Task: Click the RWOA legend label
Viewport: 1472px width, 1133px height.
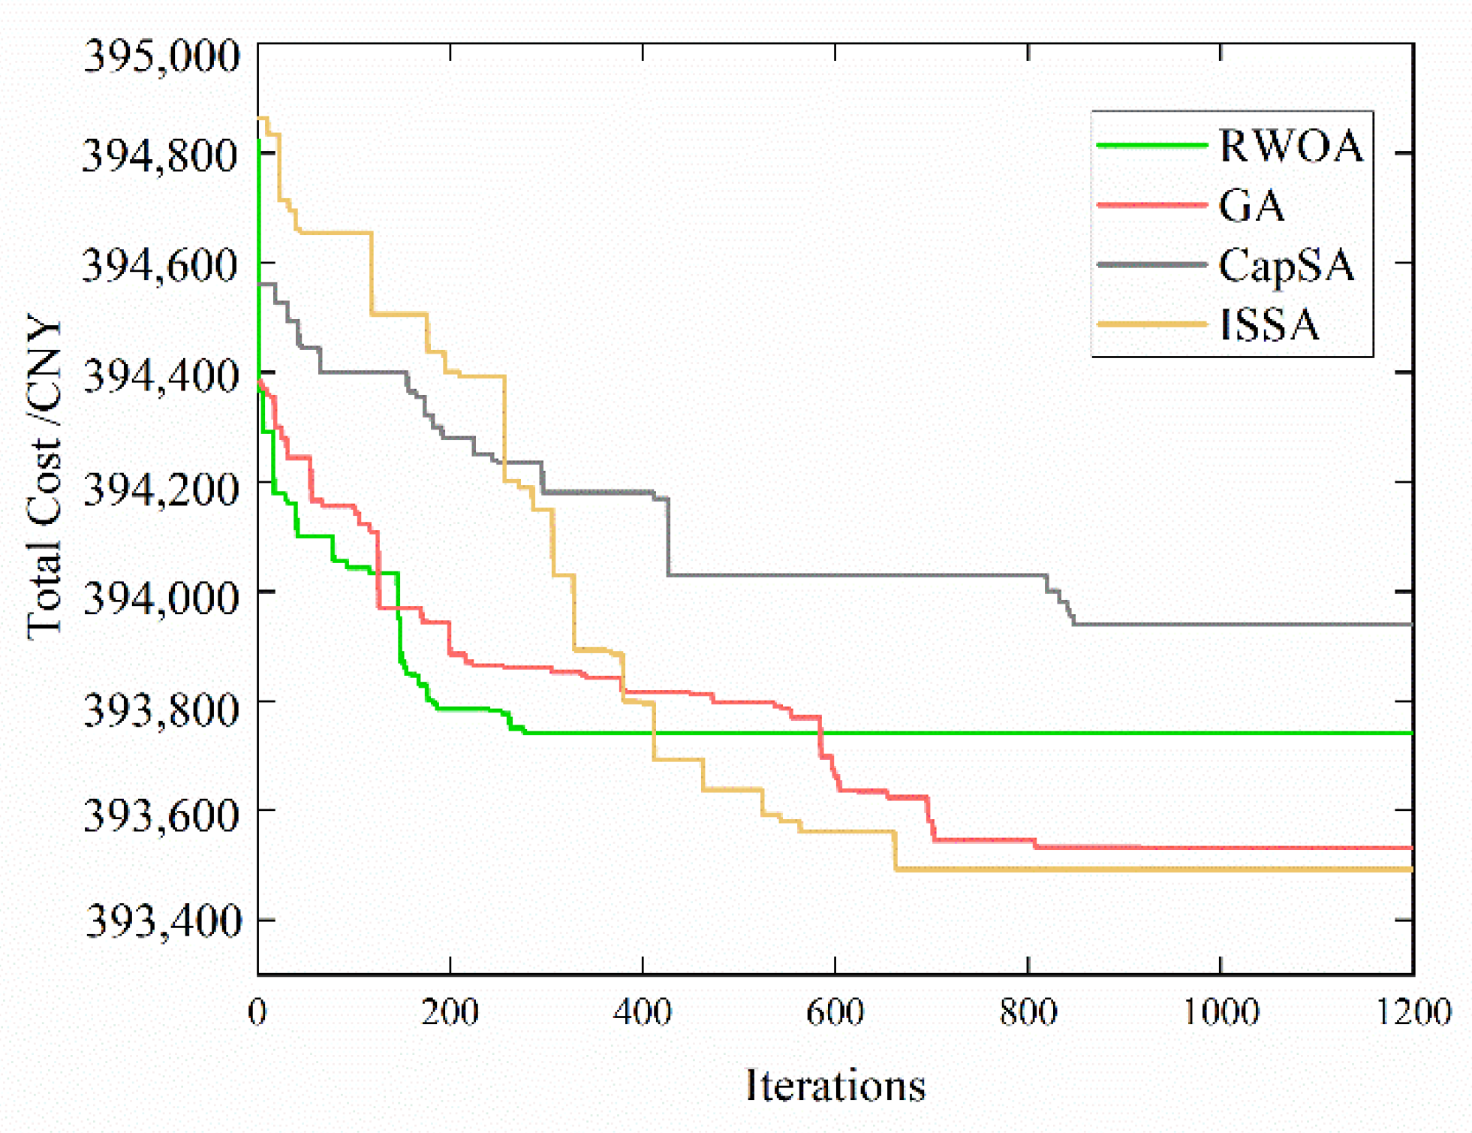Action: point(1290,146)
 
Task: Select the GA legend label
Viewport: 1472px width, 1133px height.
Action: point(1251,205)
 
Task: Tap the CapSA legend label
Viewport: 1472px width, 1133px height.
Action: point(1286,266)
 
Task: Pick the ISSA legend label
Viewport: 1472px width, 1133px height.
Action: point(1269,325)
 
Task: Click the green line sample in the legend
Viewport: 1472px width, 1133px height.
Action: point(1151,145)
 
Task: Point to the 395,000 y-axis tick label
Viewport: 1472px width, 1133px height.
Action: point(162,56)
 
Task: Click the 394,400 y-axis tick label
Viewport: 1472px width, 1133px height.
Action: point(161,375)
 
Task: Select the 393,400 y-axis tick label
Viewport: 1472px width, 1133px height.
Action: point(164,921)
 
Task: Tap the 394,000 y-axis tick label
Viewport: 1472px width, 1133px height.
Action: point(161,597)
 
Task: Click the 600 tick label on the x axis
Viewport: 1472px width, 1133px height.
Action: point(835,1012)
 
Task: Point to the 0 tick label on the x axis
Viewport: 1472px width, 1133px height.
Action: point(257,1012)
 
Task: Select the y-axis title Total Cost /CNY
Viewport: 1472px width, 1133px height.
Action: point(44,478)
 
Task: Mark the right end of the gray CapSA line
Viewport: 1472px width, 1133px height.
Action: point(1411,624)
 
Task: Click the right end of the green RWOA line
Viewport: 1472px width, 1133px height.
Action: point(1411,733)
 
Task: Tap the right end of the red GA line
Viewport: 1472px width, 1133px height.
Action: point(1411,848)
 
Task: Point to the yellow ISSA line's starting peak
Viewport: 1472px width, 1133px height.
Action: point(263,118)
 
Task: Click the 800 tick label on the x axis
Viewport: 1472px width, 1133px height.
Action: point(1028,1012)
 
